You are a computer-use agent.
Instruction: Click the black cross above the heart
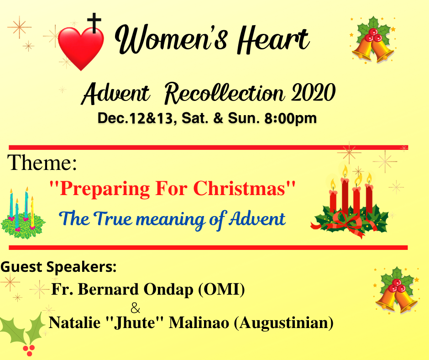[94, 23]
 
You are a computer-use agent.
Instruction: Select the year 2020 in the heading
[313, 92]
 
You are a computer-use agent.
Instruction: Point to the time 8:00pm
[290, 118]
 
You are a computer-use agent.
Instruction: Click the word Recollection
[224, 93]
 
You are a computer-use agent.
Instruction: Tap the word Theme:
[42, 163]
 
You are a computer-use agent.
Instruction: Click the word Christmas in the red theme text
[244, 189]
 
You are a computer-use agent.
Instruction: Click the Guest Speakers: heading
[58, 267]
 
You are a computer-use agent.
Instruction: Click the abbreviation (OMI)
[221, 289]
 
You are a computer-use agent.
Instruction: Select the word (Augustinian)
[284, 323]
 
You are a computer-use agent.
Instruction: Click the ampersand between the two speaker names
[135, 308]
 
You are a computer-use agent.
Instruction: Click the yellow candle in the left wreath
[32, 212]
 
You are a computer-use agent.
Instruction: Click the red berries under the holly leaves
[29, 350]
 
